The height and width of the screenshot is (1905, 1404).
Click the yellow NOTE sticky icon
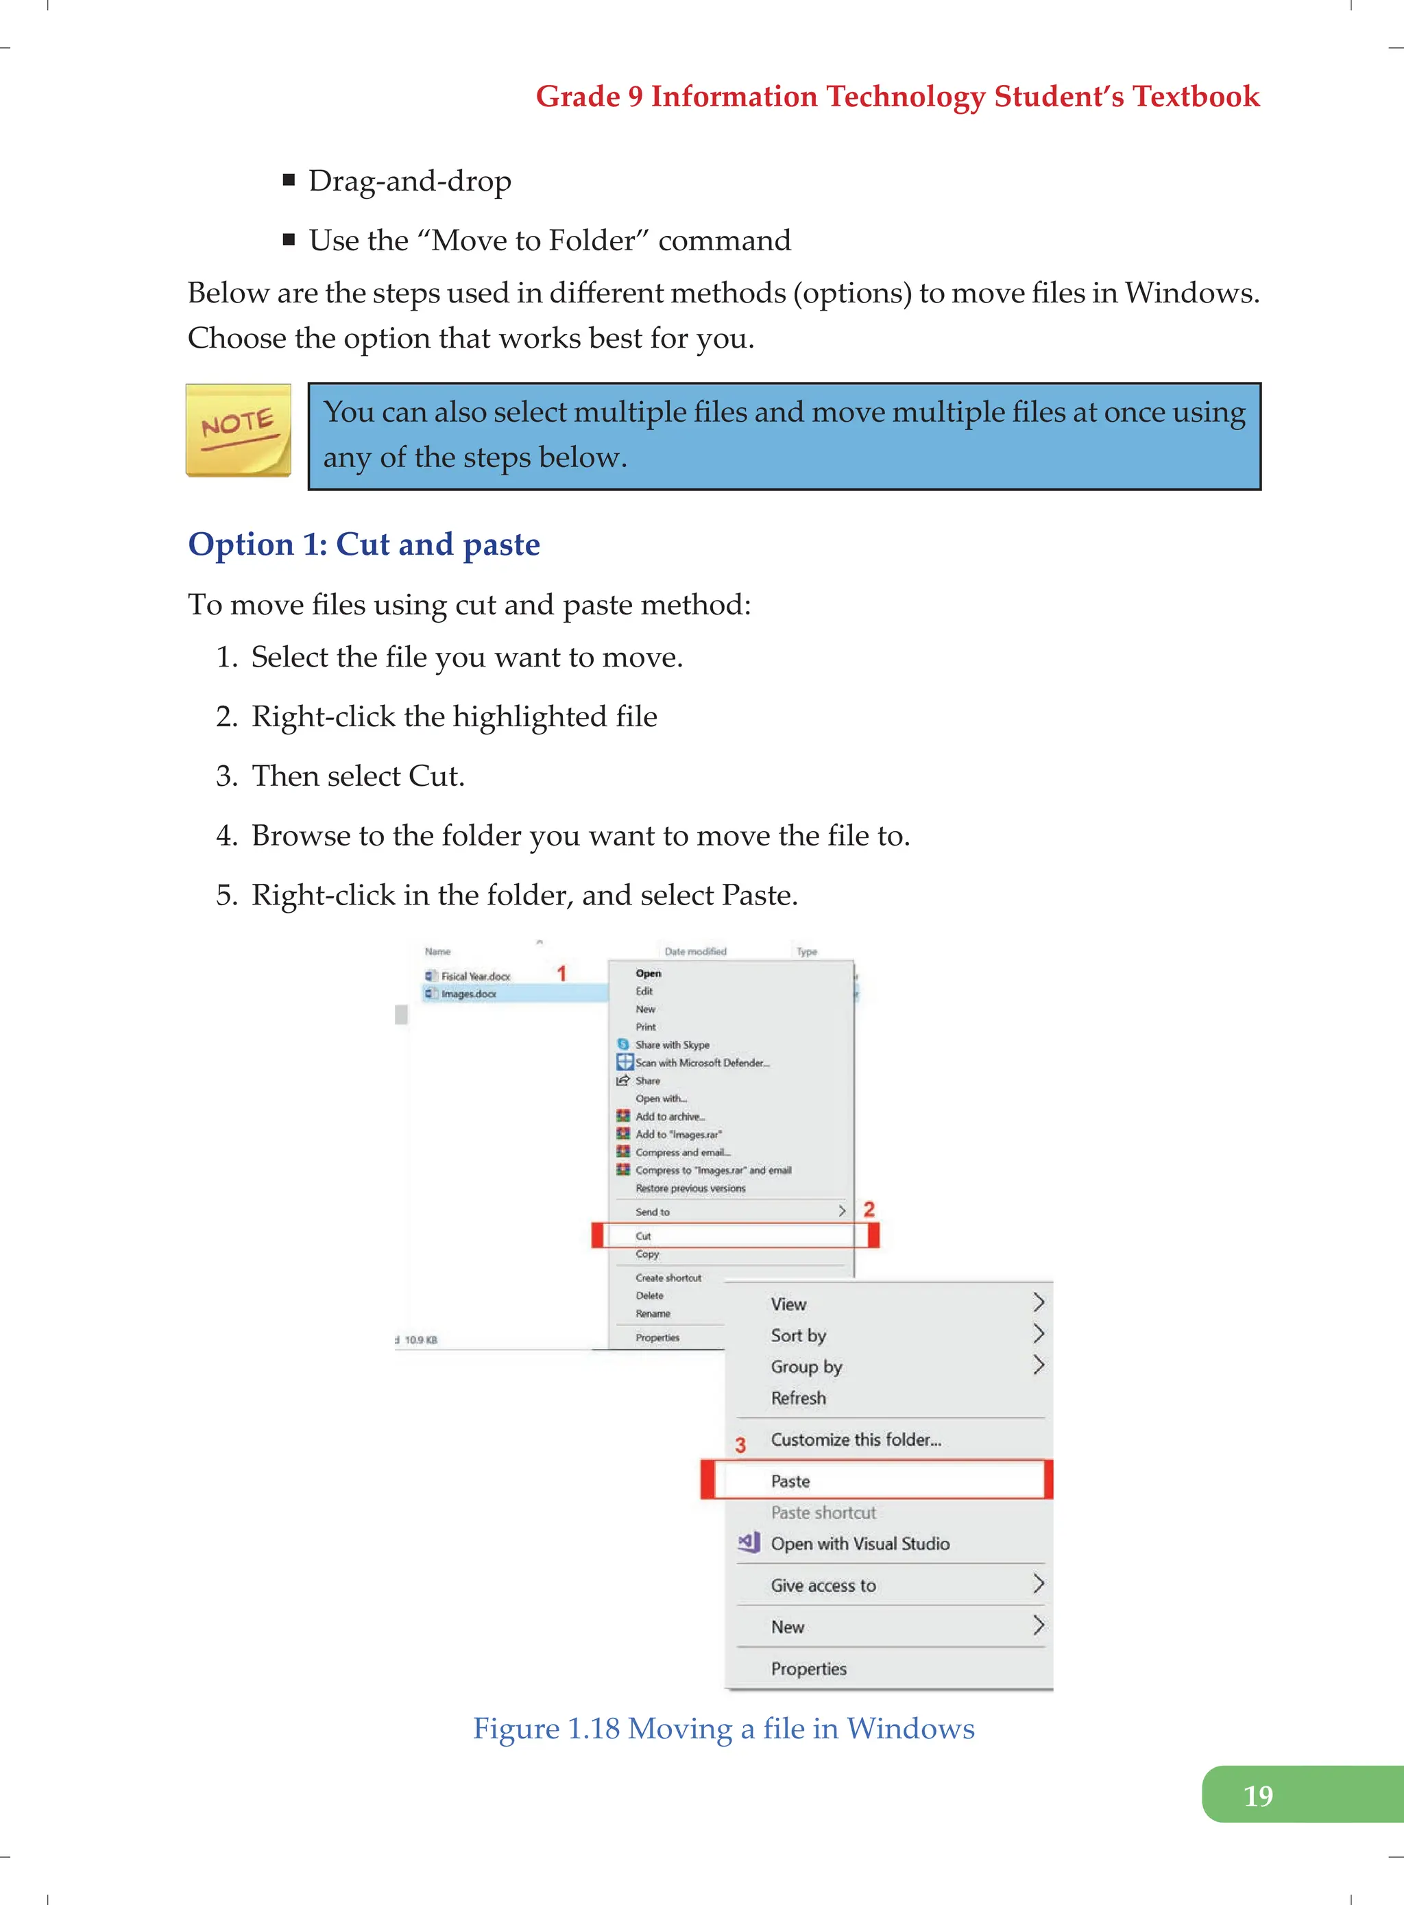tap(238, 430)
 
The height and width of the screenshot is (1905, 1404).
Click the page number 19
tap(1257, 1795)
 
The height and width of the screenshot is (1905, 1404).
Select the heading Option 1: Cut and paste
tap(364, 544)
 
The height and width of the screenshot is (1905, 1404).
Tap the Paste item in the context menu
tap(790, 1481)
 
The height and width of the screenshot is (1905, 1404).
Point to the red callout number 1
tap(561, 972)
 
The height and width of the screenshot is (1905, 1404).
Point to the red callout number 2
tap(869, 1209)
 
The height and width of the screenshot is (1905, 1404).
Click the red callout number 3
tap(740, 1445)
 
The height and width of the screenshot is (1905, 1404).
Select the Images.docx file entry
tap(468, 994)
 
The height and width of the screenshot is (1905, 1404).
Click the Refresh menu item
tap(798, 1398)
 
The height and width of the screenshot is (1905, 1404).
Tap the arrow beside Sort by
tap(1038, 1334)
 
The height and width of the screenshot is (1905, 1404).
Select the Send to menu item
tap(653, 1211)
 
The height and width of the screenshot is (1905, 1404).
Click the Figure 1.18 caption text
tap(723, 1728)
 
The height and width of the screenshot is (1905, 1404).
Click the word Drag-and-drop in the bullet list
tap(410, 181)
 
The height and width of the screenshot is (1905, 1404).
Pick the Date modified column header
tap(695, 951)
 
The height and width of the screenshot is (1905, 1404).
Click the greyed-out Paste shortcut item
tap(823, 1512)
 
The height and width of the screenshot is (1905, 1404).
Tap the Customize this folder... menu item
tap(855, 1439)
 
